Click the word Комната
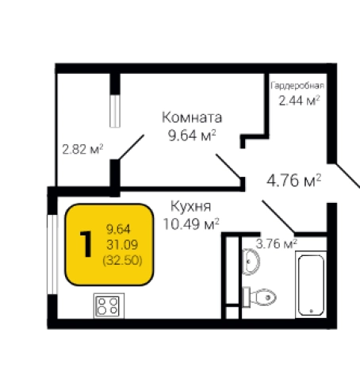coord(191,117)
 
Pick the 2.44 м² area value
coord(298,100)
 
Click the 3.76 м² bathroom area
coord(276,243)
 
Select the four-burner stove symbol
coord(107,305)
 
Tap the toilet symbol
coord(263,296)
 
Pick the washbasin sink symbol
coord(252,260)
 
